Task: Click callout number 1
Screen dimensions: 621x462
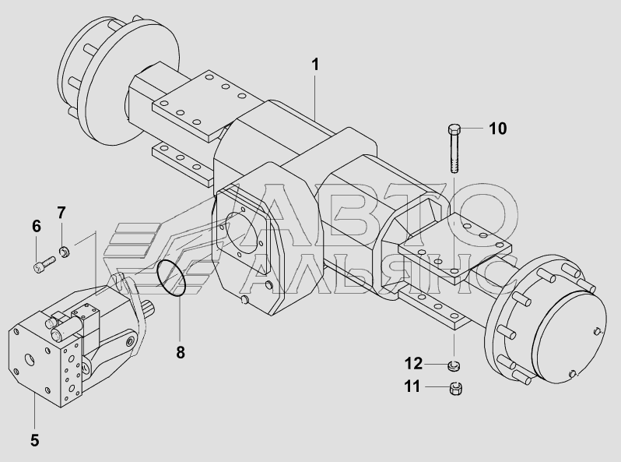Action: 315,65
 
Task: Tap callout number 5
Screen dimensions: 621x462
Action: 35,440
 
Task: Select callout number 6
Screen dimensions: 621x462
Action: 37,227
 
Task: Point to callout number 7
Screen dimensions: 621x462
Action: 61,213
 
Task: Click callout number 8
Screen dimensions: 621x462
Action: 181,352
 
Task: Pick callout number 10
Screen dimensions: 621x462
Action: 497,129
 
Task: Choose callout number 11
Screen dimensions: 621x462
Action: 412,386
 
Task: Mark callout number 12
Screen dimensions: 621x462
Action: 413,363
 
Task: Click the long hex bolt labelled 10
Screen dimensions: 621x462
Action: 454,148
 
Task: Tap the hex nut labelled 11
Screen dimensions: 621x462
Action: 457,388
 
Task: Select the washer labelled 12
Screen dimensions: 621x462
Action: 454,365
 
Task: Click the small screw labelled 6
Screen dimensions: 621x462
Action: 44,265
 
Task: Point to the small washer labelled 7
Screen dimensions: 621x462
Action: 64,252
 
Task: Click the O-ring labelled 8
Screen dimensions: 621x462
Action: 171,278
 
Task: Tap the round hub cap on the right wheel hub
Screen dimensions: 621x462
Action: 570,337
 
